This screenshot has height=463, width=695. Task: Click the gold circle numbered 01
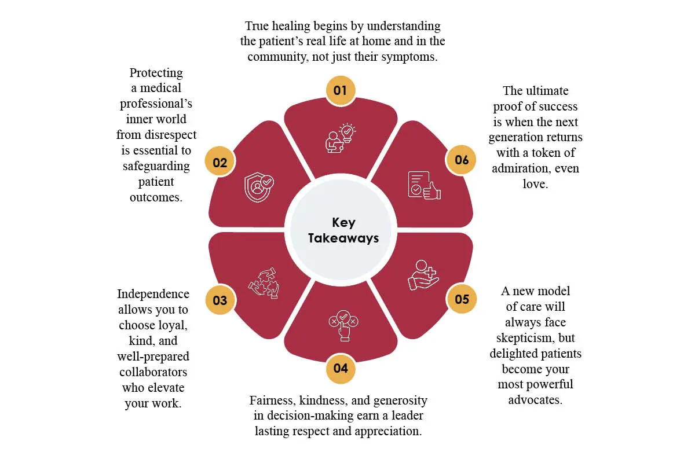341,90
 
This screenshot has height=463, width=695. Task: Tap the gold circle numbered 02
220,161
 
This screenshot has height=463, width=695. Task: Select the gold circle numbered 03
220,300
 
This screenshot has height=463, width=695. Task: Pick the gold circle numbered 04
341,369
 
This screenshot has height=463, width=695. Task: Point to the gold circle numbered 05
462,299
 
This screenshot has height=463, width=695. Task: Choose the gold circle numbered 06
461,160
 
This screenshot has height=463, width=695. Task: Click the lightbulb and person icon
341,138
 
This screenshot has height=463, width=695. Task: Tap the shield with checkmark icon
259,188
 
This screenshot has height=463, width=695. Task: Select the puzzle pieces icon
264,283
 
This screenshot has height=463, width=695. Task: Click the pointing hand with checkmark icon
343,326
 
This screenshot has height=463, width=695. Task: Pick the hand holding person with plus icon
423,275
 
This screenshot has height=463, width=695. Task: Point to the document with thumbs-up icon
424,185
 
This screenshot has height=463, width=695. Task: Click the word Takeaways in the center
343,238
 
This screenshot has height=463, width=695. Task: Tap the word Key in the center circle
343,223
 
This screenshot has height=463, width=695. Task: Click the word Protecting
156,73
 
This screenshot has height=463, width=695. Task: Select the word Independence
153,294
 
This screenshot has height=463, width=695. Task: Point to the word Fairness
272,400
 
